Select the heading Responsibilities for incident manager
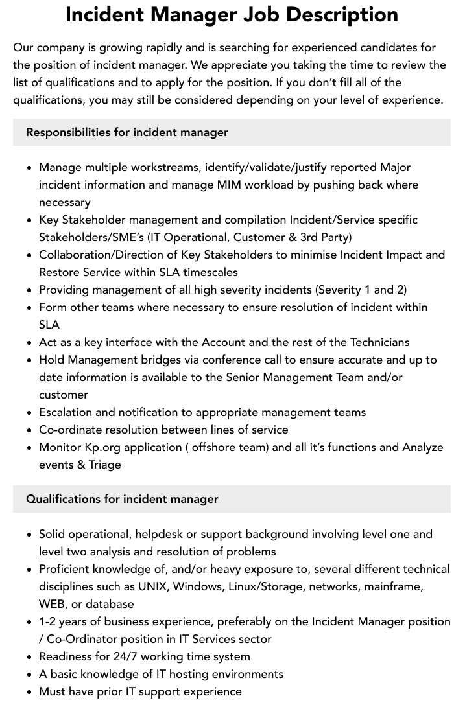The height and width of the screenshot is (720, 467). [x=127, y=132]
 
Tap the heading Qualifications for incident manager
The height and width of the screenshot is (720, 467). [x=122, y=499]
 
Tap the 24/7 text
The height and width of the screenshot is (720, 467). [x=129, y=656]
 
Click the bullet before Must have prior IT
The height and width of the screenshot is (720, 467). [x=30, y=692]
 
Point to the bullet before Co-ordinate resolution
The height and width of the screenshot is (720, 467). [x=30, y=430]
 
